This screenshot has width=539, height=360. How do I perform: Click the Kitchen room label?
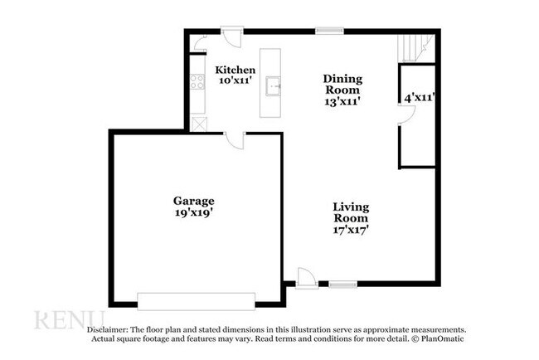click(x=235, y=70)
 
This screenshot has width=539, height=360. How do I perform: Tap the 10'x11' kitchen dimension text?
click(x=235, y=81)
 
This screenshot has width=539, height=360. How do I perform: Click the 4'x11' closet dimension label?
click(x=420, y=98)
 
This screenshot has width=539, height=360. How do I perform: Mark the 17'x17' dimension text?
click(x=351, y=229)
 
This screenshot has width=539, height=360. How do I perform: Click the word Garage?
click(x=193, y=201)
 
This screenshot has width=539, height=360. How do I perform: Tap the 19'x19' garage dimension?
click(x=193, y=213)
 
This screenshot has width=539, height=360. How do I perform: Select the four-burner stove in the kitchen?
click(x=198, y=81)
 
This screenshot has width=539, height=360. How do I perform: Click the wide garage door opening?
click(x=196, y=301)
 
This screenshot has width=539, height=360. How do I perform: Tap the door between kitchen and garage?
click(x=235, y=139)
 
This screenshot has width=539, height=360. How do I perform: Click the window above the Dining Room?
click(x=328, y=32)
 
